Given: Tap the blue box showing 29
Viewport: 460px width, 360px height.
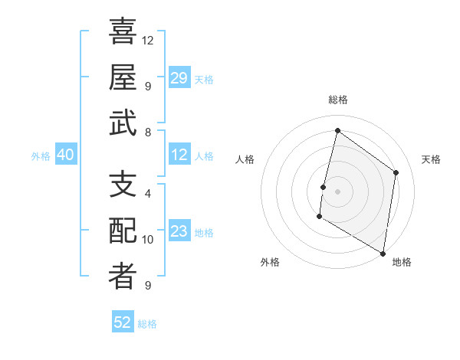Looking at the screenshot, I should (x=179, y=78).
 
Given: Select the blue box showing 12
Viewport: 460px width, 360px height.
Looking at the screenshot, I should (x=179, y=155).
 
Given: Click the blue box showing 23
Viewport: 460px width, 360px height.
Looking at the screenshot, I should (x=179, y=232).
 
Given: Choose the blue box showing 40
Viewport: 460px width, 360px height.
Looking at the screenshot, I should (x=65, y=155).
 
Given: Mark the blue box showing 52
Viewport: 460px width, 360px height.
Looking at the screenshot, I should (x=123, y=322).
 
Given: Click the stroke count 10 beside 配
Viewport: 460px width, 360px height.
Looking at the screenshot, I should (x=148, y=240).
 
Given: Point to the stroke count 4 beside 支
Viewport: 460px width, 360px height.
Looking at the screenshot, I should (x=148, y=193).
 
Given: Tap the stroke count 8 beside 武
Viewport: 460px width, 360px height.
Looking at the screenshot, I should (x=148, y=132).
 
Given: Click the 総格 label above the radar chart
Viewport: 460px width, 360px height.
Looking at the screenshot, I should (x=337, y=100).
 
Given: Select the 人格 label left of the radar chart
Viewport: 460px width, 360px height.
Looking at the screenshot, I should (x=245, y=159).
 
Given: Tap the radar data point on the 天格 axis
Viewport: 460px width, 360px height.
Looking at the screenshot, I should (x=396, y=172).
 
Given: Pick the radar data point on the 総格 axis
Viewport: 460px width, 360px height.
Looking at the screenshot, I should (x=337, y=131).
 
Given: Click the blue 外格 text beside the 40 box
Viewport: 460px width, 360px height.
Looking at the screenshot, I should (x=41, y=156).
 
